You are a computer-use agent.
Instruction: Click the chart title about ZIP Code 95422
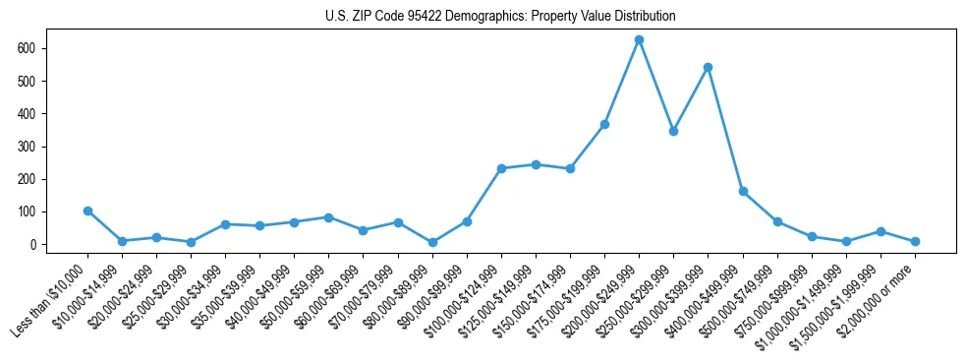[500, 17]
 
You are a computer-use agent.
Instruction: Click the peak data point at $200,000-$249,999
[639, 40]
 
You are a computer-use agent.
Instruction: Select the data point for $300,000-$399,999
[708, 68]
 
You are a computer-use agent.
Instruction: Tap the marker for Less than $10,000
[87, 211]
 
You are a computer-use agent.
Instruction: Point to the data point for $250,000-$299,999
[673, 131]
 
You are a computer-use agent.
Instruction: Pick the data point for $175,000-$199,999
[604, 125]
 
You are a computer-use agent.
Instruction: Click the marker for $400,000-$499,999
[743, 191]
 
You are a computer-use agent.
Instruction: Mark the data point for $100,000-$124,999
[501, 168]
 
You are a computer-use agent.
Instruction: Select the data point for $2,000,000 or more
[915, 241]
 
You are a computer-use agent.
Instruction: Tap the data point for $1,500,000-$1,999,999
[881, 231]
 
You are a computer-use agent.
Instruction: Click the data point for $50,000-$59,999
[328, 217]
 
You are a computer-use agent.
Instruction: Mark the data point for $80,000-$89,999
[432, 242]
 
